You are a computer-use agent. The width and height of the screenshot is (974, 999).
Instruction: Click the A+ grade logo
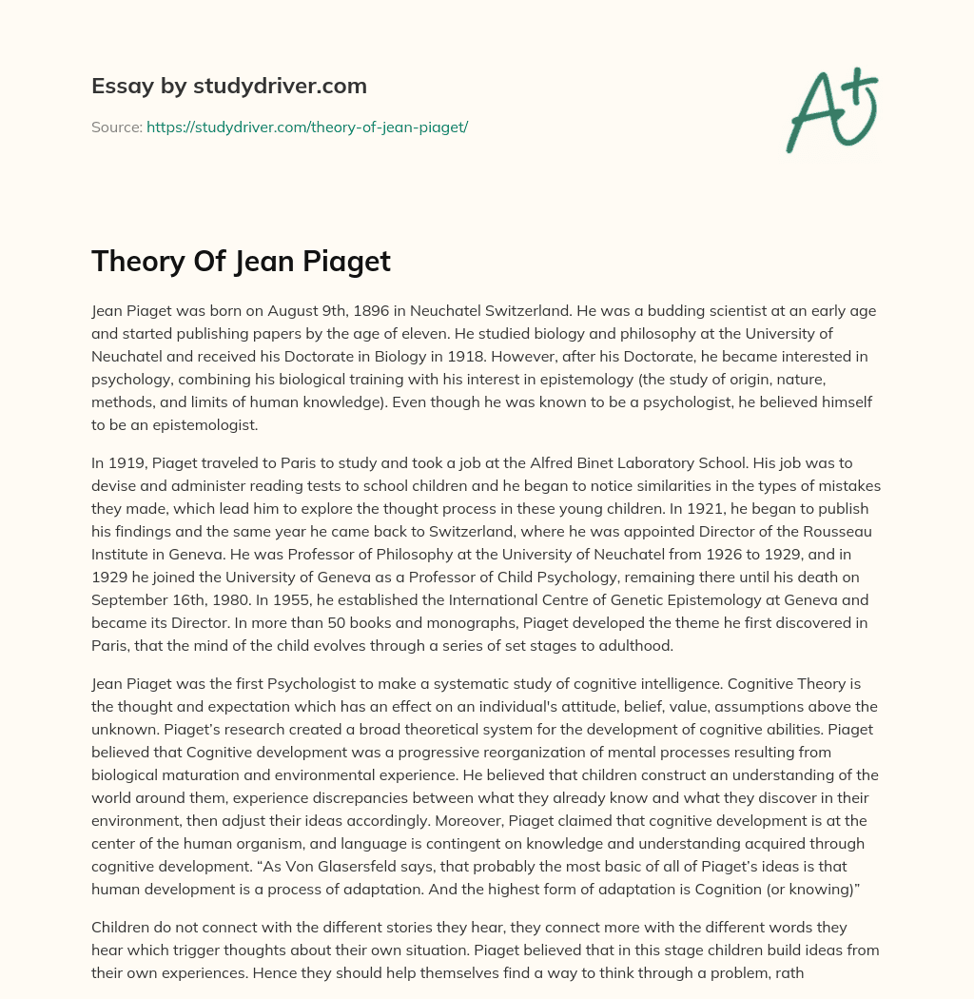pyautogui.click(x=830, y=110)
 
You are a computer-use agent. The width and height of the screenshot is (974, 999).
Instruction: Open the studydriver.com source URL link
pyautogui.click(x=307, y=127)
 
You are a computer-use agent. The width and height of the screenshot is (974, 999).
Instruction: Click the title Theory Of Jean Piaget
pyautogui.click(x=241, y=261)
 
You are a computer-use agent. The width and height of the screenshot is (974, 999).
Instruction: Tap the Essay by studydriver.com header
pyautogui.click(x=229, y=86)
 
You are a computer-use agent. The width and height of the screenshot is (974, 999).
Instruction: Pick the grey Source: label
pyautogui.click(x=117, y=127)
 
